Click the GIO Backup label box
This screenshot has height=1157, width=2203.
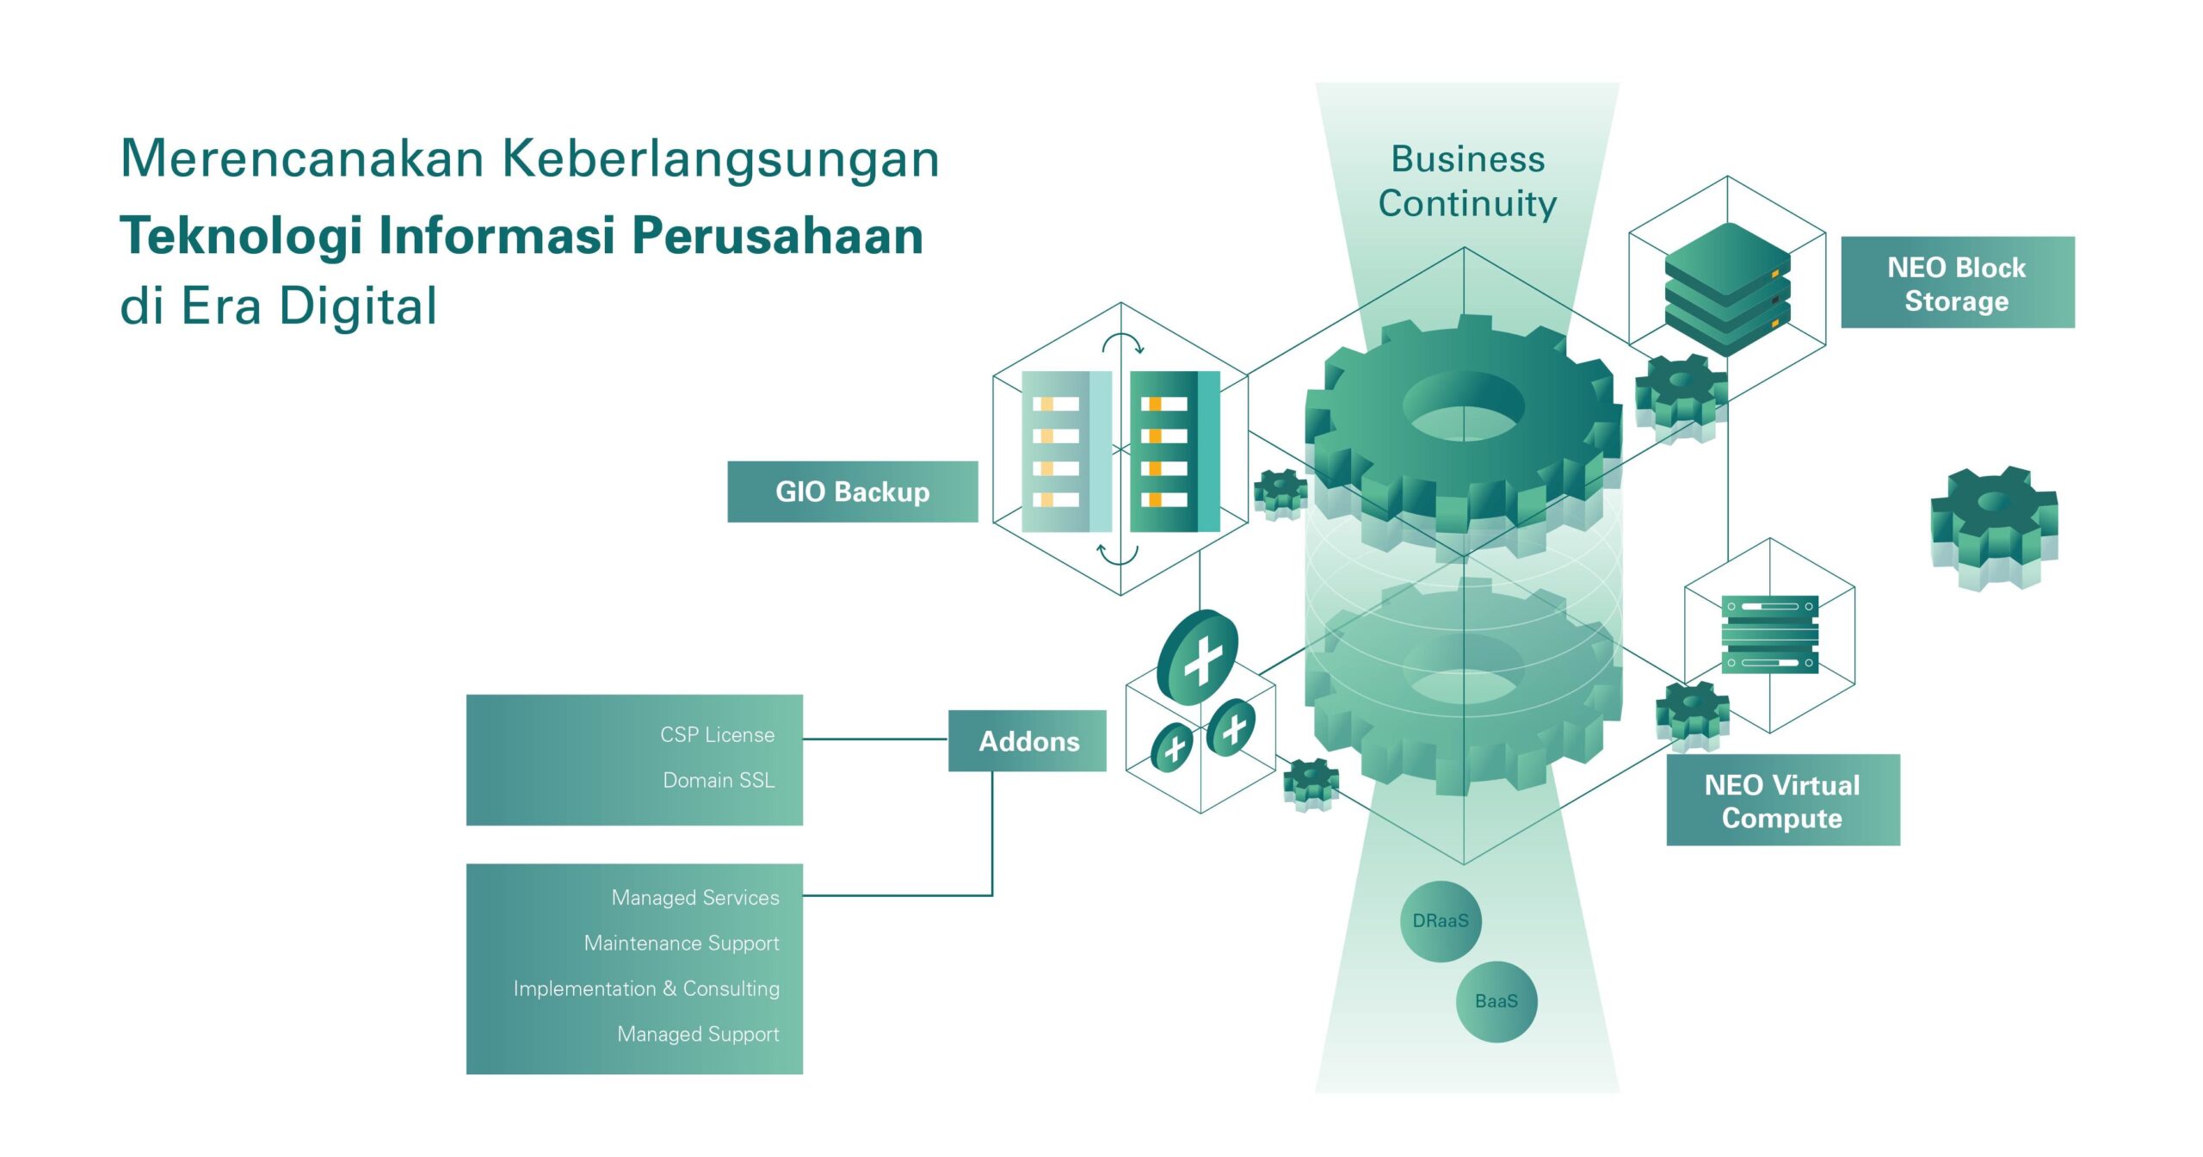coord(852,492)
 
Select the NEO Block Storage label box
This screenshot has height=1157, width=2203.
coord(1957,282)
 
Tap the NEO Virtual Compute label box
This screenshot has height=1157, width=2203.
coord(1782,801)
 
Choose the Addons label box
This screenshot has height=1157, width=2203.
coord(1027,741)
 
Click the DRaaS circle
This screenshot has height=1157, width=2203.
coord(1441,921)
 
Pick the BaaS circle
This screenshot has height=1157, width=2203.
coord(1496,1001)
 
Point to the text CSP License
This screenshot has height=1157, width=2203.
coord(717,734)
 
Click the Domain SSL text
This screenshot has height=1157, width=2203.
coord(719,780)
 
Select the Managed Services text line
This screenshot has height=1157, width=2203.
coord(695,897)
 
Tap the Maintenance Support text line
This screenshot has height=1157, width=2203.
coord(682,943)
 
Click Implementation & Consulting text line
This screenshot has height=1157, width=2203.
coord(646,988)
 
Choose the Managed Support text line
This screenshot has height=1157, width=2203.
coord(698,1034)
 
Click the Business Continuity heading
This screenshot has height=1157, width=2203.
coord(1467,181)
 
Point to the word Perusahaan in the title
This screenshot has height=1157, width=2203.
coord(778,235)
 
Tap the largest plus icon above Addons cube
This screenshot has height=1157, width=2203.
coord(1200,659)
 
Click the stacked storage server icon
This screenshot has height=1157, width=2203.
coord(1727,288)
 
